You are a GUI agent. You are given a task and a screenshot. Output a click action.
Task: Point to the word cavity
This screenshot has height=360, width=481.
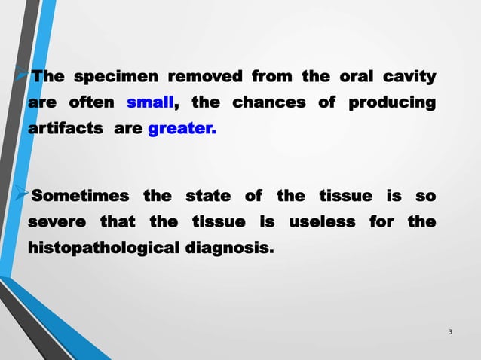coord(409,77)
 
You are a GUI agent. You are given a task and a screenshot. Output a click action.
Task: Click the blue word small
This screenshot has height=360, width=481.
coord(151,102)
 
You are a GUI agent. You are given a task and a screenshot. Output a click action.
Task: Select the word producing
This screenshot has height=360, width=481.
coord(391,102)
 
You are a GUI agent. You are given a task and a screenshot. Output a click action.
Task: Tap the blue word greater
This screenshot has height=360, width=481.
coord(182,129)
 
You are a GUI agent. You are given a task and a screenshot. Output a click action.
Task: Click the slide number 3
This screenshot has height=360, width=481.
coord(450,332)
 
